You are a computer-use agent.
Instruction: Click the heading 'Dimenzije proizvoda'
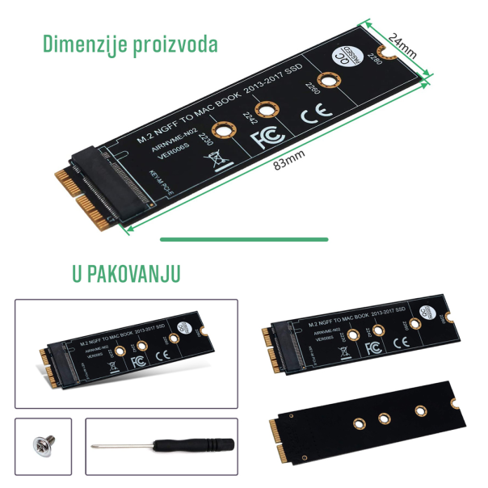[130, 44]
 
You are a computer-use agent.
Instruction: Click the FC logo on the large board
[265, 139]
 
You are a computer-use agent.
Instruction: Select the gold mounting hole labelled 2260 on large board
[326, 81]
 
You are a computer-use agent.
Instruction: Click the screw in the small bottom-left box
[37, 444]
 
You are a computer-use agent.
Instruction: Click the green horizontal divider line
[244, 239]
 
